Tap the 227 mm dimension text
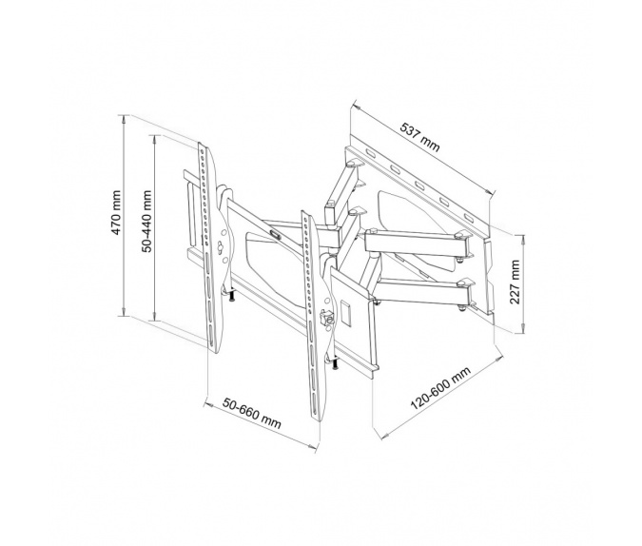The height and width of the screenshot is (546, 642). coord(515,282)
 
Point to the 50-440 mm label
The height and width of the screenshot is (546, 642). coord(147,229)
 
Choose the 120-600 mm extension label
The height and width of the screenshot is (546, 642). coord(440,397)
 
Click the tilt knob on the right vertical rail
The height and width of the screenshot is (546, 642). coord(327,321)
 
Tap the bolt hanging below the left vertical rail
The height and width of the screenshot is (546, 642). coord(231,299)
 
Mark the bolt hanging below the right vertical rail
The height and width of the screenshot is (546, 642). coord(336,366)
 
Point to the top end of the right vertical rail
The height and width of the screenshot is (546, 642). coord(304,215)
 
